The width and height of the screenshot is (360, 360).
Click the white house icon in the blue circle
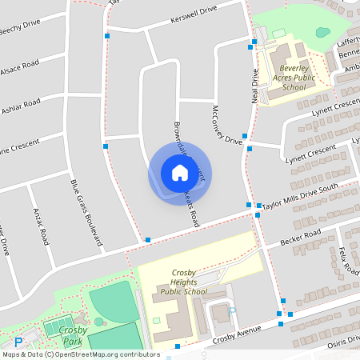click(x=180, y=172)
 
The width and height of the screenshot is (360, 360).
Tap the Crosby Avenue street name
click(x=238, y=335)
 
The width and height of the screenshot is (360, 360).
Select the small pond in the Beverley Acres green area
click(x=322, y=33)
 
